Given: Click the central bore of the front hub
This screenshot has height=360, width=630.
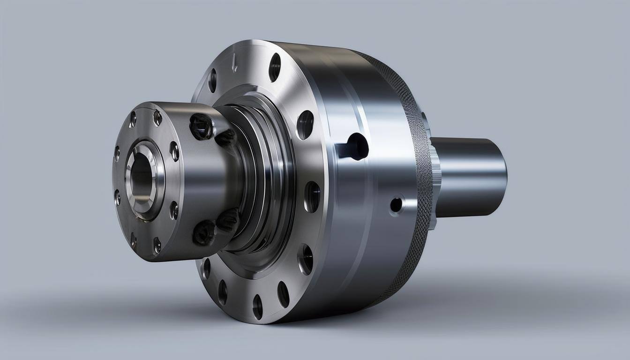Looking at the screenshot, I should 141,177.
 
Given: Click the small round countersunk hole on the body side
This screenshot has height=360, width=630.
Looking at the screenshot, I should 396,205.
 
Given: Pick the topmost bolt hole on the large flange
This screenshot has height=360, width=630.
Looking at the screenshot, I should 275,67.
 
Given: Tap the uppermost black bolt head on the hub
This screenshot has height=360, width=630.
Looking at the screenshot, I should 201,126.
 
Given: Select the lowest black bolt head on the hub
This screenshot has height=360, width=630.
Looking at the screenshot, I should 204,232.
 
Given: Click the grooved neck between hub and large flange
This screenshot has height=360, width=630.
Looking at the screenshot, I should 262,178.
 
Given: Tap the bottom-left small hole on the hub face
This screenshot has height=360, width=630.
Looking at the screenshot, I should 134,241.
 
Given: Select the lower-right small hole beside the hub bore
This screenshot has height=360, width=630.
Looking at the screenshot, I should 174,210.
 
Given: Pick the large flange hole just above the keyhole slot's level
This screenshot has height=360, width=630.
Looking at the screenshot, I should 305,125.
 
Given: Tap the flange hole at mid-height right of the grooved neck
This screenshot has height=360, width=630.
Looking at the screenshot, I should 312,196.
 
